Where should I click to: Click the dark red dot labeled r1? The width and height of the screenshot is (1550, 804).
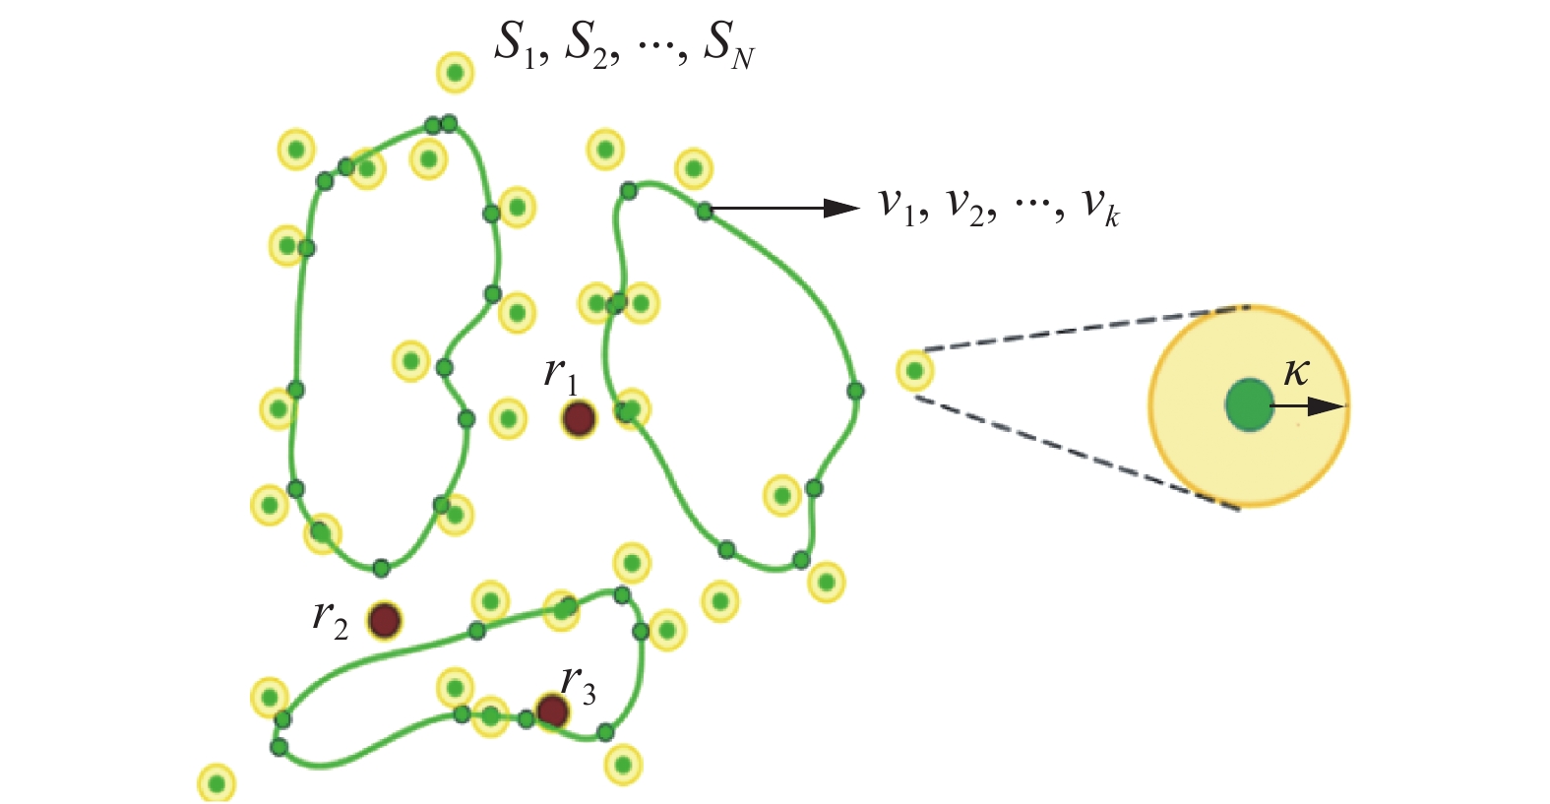coord(579,418)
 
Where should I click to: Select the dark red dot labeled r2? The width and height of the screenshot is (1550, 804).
coord(384,621)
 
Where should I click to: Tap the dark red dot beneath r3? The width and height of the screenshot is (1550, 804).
coord(552,711)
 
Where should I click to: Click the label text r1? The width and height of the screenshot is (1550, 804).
coord(561,375)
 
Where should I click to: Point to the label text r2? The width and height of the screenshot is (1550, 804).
coord(330,617)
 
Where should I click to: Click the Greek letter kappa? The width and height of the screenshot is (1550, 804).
coord(1297,373)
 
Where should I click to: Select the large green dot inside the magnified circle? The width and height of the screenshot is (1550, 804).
coord(1249,404)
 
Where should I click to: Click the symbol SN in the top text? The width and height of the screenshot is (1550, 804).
coord(729,46)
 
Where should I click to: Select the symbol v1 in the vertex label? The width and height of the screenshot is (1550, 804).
coord(897,206)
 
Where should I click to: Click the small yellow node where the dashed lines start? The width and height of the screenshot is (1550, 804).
coord(915,372)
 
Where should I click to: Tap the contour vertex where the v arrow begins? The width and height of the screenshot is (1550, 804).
coord(705,211)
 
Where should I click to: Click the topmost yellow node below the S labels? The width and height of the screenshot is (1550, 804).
coord(455,73)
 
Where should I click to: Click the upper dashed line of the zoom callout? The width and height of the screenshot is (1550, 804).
coord(1083,329)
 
